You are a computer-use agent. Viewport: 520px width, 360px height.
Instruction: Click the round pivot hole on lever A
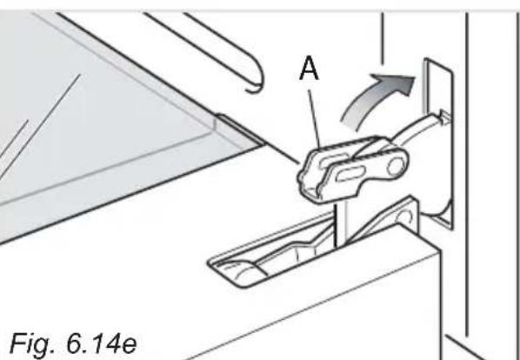[x=393, y=165]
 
